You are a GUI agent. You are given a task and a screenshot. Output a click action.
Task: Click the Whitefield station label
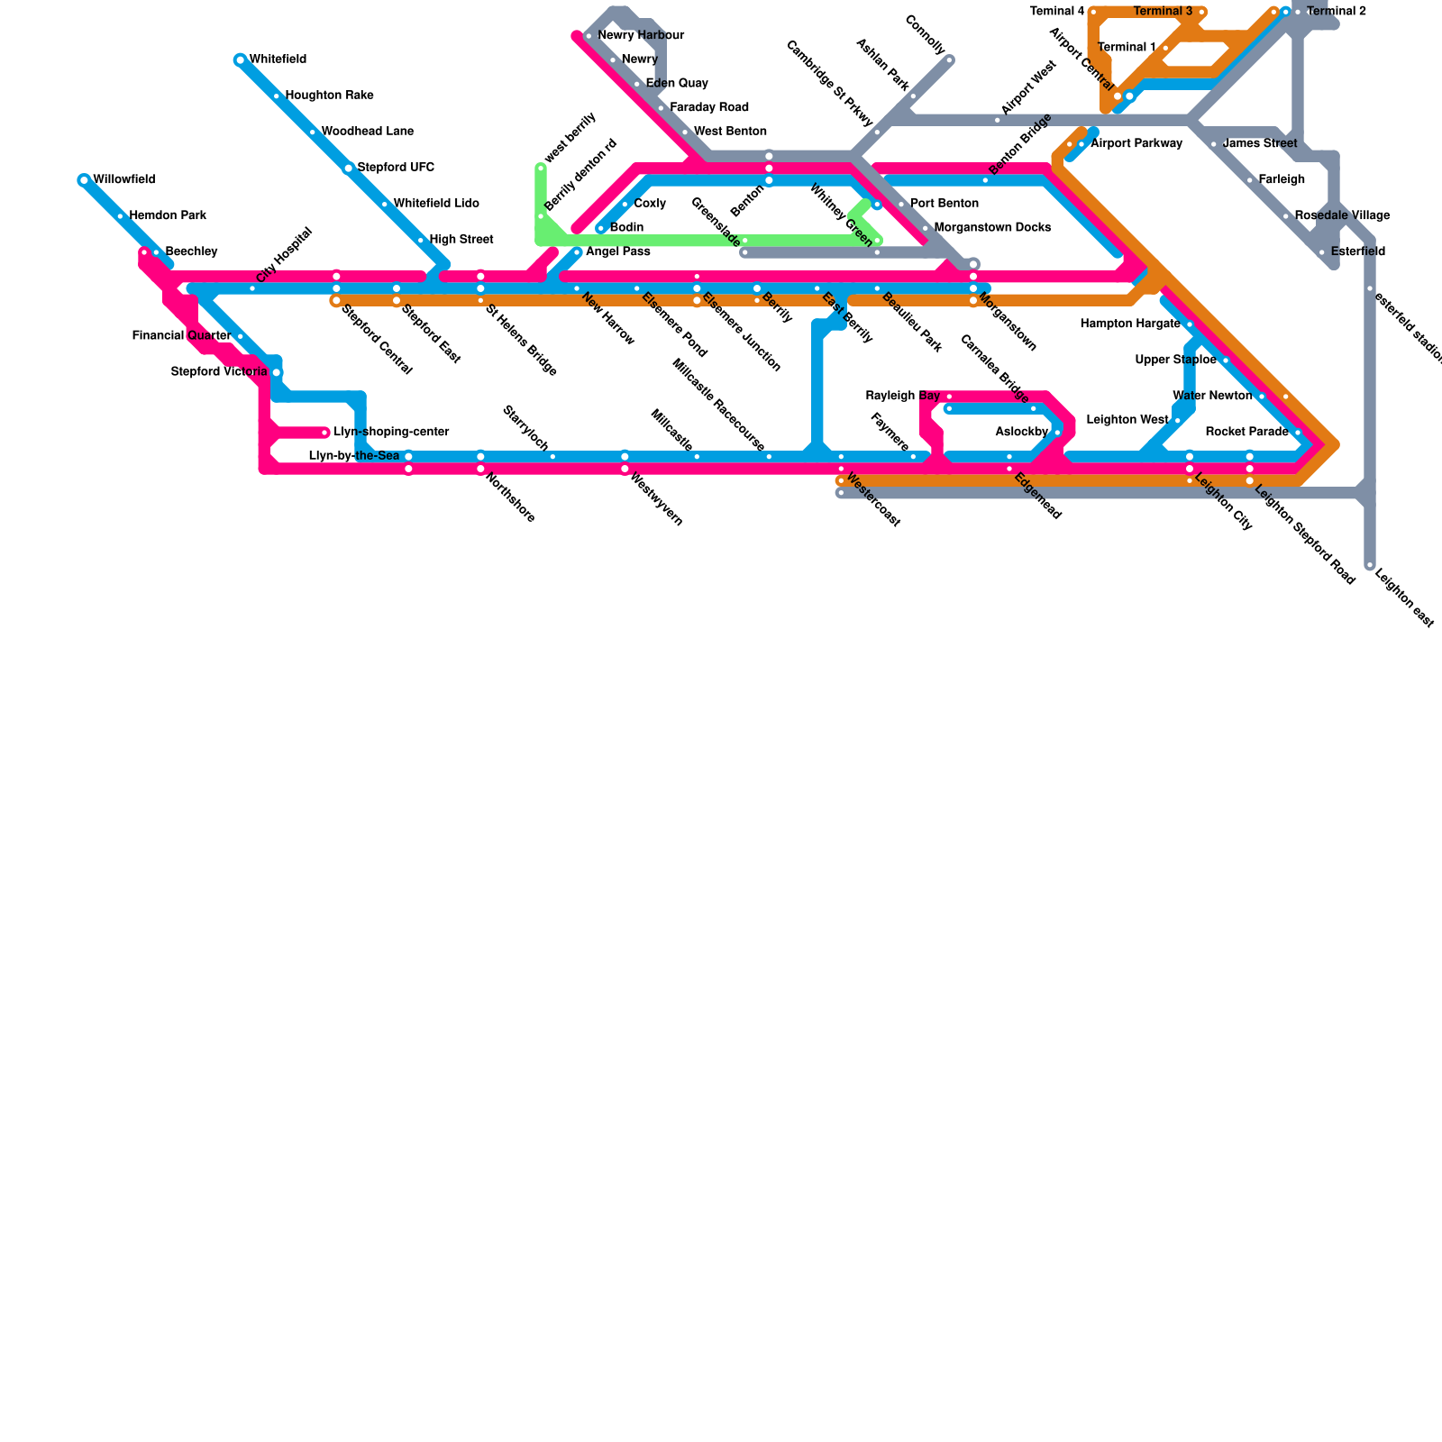278,59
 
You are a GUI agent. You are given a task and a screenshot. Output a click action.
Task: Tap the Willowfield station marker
84,180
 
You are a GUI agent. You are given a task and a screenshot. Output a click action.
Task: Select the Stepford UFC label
396,168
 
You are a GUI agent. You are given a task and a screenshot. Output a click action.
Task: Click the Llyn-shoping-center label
391,433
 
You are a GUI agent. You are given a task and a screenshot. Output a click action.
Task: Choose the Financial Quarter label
181,336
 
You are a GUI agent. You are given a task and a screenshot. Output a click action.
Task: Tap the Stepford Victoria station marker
277,372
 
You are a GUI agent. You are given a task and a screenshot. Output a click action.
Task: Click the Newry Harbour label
641,36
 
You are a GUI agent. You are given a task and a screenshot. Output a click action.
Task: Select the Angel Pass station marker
578,252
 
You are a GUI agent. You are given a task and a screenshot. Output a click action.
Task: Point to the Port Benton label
944,204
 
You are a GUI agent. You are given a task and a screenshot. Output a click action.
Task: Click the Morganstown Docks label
992,228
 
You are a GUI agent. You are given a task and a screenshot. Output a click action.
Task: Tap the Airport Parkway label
1136,144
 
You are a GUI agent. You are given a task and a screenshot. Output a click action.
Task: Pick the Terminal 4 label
1056,12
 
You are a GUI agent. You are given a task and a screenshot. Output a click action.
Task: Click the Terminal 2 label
1336,12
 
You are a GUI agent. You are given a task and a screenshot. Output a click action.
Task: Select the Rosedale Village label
1342,216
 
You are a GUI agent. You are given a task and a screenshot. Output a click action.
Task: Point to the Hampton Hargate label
1129,324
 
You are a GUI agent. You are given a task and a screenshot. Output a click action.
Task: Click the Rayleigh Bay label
902,397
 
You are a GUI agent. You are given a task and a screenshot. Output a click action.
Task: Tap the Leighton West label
1127,420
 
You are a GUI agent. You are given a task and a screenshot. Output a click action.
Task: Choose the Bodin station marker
601,228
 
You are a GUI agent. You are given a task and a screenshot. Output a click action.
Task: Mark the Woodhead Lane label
367,132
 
